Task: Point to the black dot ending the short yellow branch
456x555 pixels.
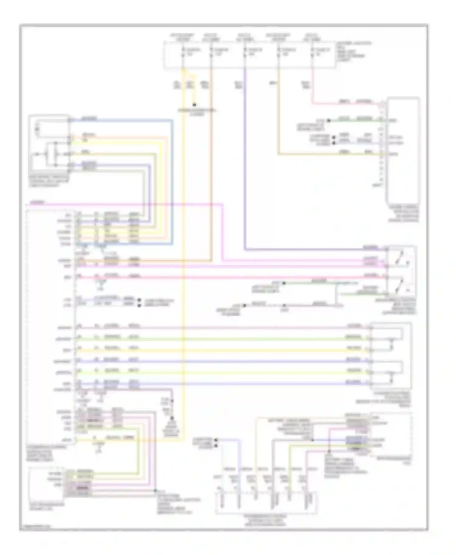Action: pyautogui.click(x=195, y=105)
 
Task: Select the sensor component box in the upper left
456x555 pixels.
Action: pyautogui.click(x=49, y=144)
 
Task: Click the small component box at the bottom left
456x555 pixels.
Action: pyautogui.click(x=46, y=484)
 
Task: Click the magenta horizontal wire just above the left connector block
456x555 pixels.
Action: pyautogui.click(x=122, y=204)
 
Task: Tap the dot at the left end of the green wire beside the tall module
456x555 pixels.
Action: pyautogui.click(x=329, y=121)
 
